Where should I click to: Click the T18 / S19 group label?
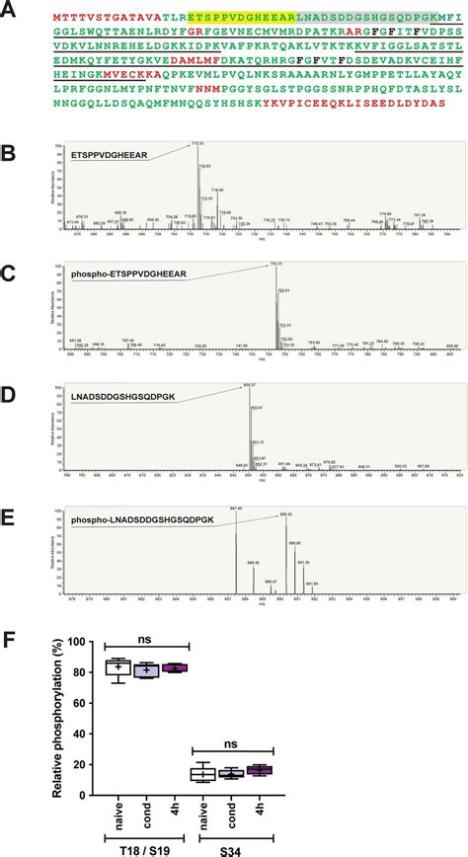[x=147, y=841]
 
